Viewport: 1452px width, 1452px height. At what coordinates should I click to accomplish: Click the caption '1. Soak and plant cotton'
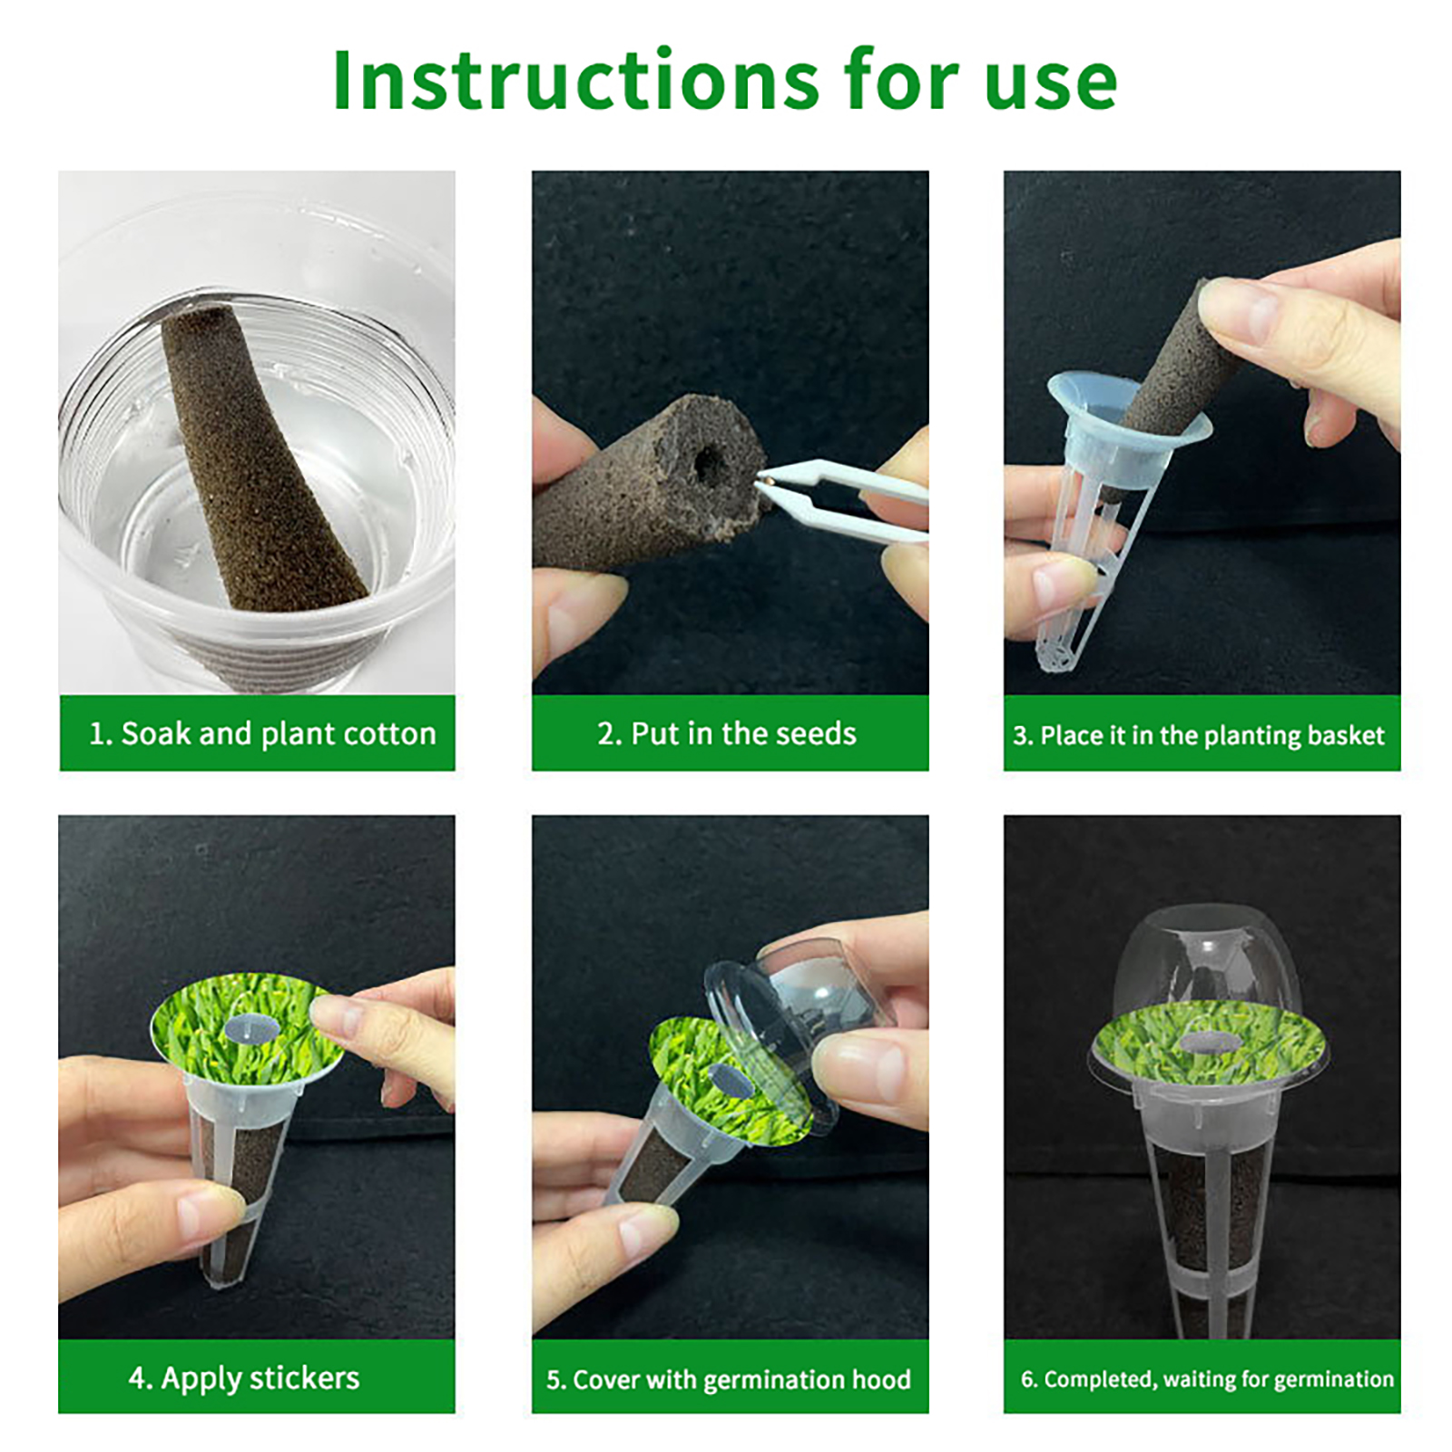262,733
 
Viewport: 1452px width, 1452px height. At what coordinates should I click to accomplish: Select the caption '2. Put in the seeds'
727,733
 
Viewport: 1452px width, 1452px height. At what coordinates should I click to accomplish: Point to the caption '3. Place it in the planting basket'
1199,735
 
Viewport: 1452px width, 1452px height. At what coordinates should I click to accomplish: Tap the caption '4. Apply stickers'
244,1378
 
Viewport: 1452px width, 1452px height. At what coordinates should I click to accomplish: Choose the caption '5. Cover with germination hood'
729,1379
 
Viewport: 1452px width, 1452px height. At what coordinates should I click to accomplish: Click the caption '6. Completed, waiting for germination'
1207,1379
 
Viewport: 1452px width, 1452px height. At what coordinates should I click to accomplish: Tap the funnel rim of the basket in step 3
1128,408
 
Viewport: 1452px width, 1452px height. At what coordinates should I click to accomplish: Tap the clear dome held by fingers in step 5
799,1007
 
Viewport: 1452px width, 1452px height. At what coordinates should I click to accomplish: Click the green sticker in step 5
726,1075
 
